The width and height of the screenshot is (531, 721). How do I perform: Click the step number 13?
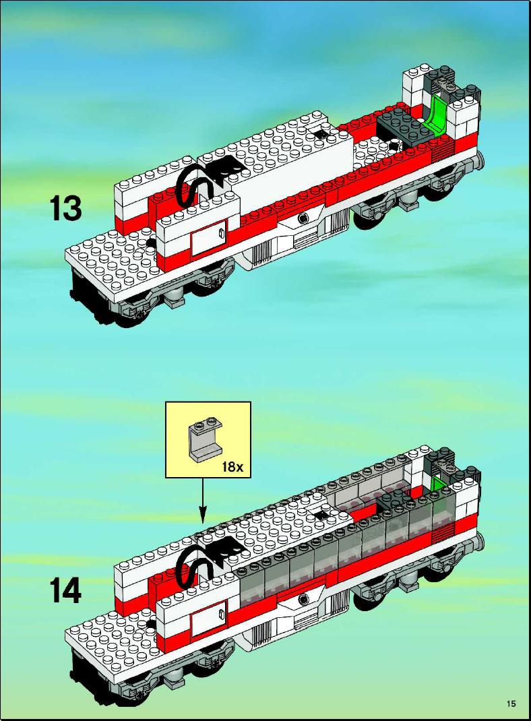(x=65, y=208)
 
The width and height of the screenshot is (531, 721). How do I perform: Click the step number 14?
(x=65, y=590)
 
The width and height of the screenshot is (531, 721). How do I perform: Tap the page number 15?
(x=511, y=703)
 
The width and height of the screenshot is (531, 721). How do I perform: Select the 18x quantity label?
(x=232, y=467)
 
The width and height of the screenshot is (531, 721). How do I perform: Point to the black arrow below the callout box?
(x=203, y=501)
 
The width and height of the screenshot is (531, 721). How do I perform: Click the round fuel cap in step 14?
(x=303, y=598)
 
